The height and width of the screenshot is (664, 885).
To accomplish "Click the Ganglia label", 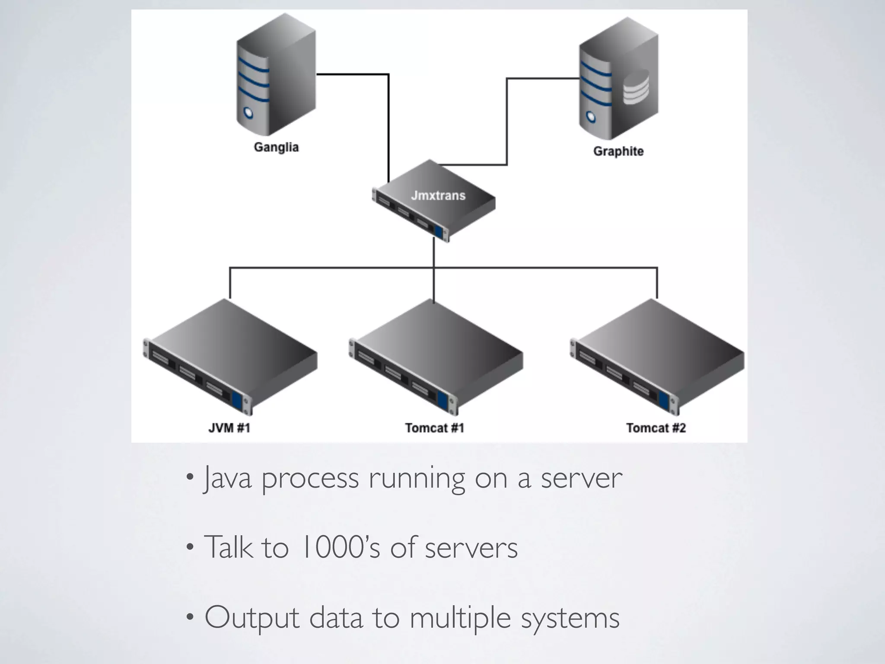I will [x=276, y=147].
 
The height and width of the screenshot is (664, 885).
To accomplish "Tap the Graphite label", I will [x=618, y=152].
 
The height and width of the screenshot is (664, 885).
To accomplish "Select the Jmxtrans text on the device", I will [x=438, y=196].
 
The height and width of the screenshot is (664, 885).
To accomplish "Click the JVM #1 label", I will [x=229, y=428].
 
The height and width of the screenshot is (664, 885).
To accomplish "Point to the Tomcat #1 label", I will [x=435, y=428].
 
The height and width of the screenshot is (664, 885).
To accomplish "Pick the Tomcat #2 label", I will [x=656, y=428].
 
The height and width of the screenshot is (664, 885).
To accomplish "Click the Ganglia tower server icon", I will [x=276, y=78].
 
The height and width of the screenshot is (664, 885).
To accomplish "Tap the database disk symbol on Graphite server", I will [x=636, y=87].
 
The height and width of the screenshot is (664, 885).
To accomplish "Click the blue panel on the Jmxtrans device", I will [x=439, y=233].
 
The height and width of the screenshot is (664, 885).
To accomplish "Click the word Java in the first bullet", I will [x=228, y=478].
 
